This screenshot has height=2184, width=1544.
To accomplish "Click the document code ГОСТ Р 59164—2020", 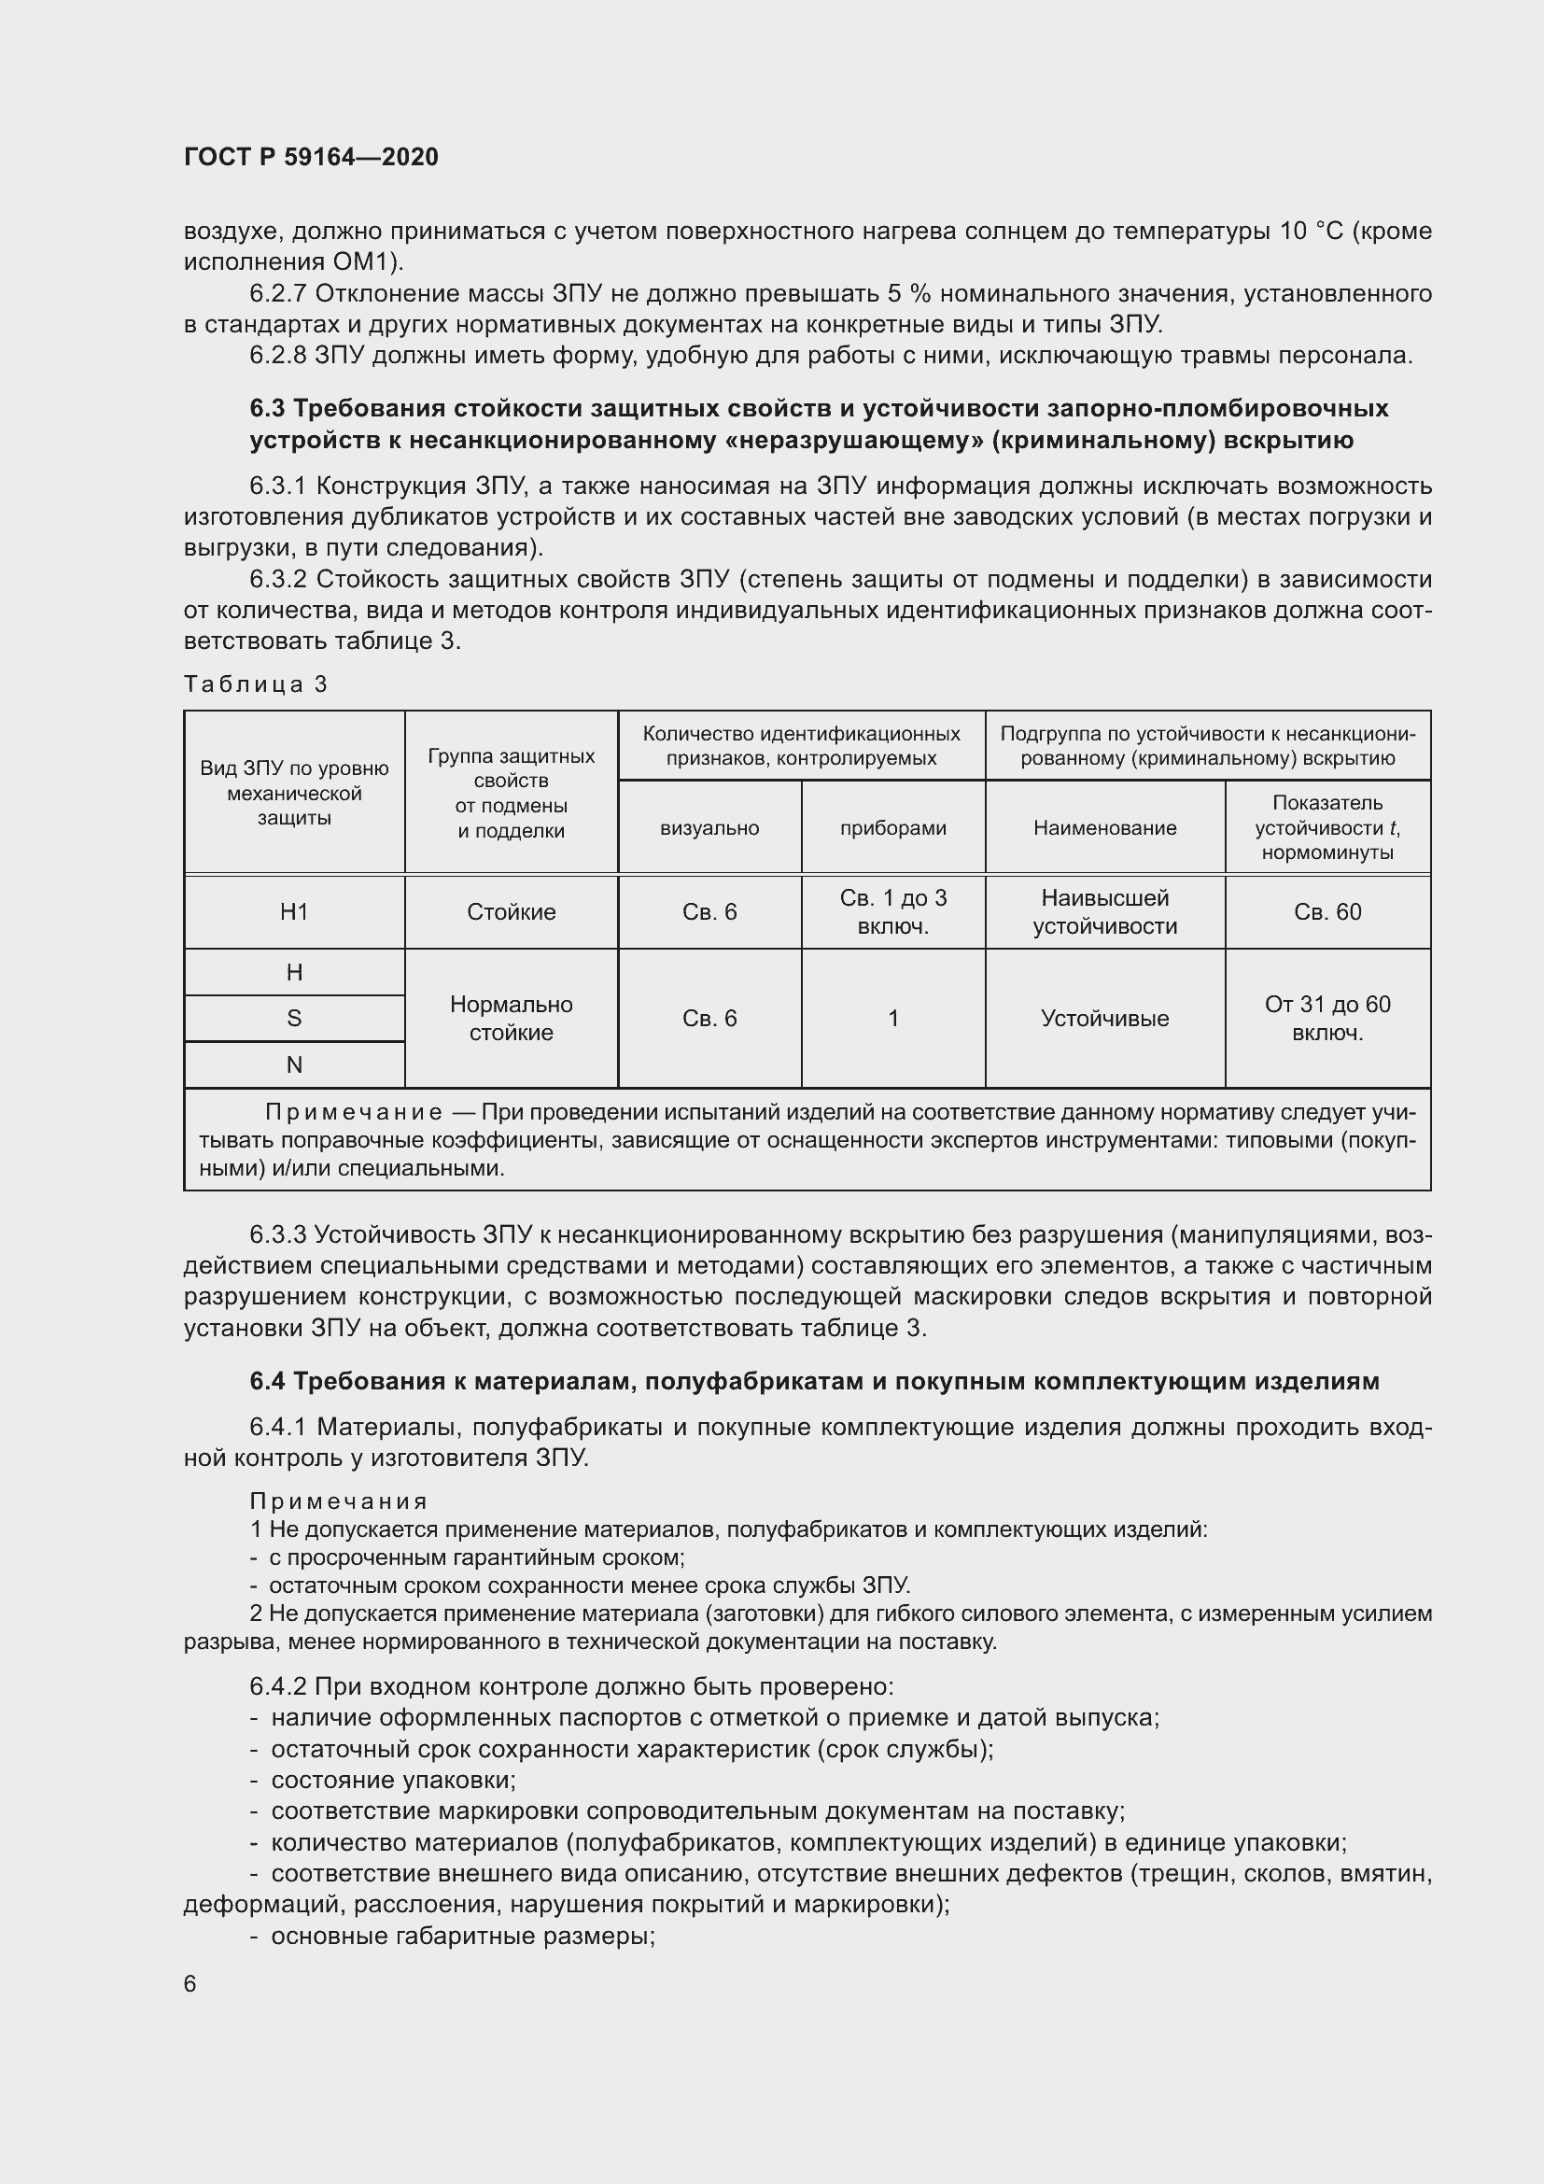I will coord(311,157).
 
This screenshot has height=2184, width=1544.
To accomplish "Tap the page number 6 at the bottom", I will coord(190,1983).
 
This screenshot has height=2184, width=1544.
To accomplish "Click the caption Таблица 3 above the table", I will coord(256,683).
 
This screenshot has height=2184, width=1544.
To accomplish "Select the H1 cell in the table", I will coord(294,911).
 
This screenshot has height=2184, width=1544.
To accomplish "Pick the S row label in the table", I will coord(294,1018).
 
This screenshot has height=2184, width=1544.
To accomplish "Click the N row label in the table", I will coord(294,1064).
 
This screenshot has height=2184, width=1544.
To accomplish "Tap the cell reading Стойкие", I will coord(511,911).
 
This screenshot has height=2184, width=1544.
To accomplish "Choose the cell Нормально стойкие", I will coord(511,1018).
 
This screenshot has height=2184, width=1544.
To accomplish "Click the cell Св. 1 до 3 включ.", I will coord(892,911).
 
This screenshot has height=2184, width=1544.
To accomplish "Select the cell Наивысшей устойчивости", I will coord(1104,911).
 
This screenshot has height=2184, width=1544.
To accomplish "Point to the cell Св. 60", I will coord(1327,911).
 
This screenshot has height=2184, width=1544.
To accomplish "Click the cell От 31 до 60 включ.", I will coord(1327,1018).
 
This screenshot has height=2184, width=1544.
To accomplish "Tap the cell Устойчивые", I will coord(1104,1018).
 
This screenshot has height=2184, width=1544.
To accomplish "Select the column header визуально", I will coord(709,827).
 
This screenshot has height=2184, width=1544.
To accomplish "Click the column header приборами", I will coord(892,827).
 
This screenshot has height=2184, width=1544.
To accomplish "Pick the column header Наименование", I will coord(1104,827).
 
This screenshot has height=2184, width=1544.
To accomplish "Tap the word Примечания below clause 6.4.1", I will coord(339,1501).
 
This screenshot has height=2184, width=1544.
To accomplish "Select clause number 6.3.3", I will coord(277,1234).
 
